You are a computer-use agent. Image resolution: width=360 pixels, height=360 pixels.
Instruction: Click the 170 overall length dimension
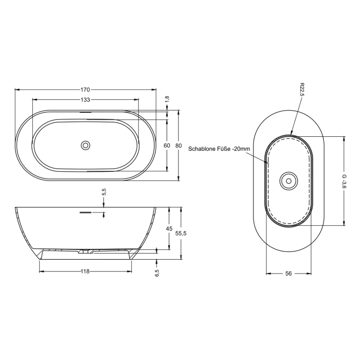[x=85, y=89]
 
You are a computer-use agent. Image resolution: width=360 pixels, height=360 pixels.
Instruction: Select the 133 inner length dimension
[x=85, y=100]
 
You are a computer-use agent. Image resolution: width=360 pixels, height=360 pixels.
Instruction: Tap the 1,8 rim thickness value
[x=167, y=99]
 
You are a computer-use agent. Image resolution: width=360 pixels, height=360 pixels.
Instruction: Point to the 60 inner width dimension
[x=167, y=146]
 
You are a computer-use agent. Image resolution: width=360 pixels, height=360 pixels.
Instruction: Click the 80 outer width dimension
[x=178, y=146]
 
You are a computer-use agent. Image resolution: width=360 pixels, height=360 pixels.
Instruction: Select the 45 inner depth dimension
[x=169, y=229]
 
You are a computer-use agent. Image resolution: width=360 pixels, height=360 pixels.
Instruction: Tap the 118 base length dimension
[x=85, y=272]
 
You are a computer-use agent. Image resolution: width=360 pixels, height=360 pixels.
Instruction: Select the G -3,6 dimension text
[x=344, y=181]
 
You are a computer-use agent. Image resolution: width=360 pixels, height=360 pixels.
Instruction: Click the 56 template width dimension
[x=288, y=274]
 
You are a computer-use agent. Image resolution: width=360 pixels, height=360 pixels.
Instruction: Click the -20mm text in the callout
[x=241, y=149]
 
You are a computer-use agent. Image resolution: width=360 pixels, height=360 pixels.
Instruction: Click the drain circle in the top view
[x=85, y=146]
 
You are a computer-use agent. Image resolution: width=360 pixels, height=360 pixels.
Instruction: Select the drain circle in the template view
[x=288, y=181]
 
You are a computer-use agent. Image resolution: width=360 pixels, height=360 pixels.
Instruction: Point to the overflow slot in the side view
[x=85, y=211]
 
